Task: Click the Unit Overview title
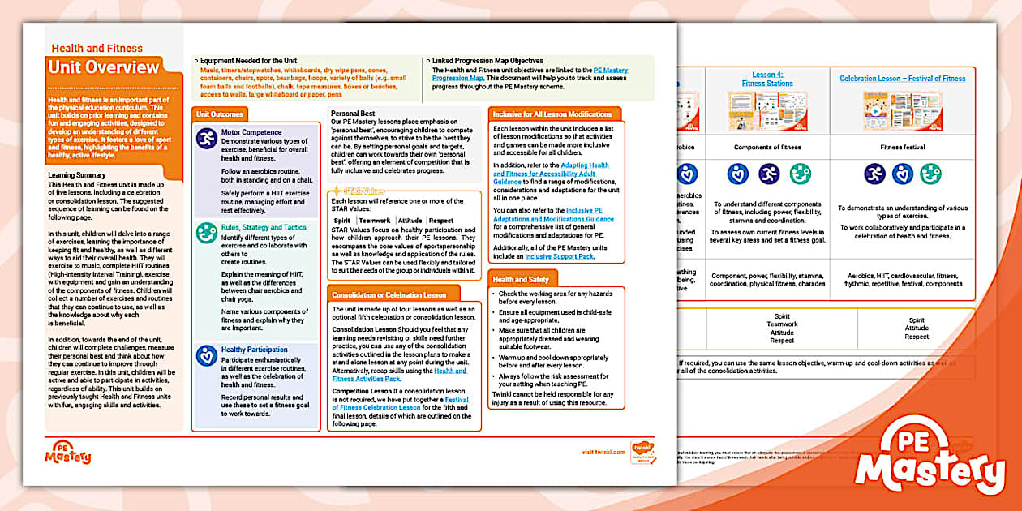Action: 104,67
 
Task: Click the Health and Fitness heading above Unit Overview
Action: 97,49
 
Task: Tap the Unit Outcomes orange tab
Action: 220,114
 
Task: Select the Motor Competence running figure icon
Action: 207,138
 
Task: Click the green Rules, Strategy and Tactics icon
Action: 207,234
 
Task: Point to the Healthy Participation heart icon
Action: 207,355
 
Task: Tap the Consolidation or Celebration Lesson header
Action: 389,294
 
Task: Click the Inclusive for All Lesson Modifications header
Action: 552,114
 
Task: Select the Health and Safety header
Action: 521,279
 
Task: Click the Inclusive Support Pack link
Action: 559,256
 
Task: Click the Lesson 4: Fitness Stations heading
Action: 766,79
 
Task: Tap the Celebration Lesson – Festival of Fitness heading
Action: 902,79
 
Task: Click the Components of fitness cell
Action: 767,147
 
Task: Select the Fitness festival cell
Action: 902,147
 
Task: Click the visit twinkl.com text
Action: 604,452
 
